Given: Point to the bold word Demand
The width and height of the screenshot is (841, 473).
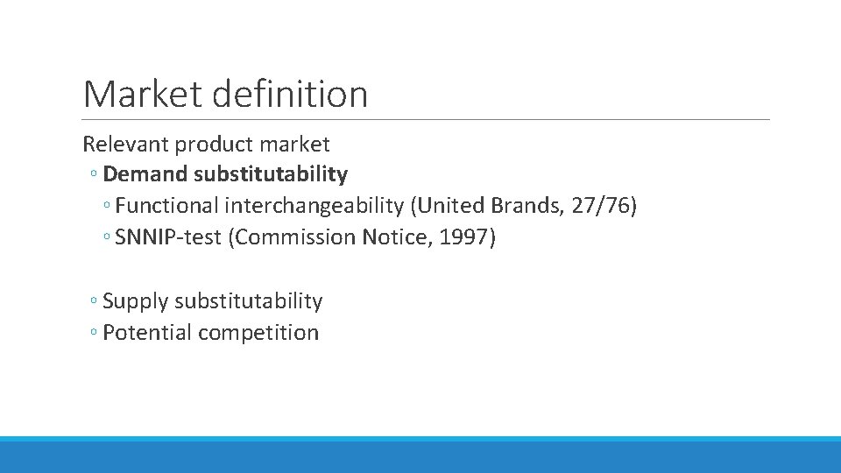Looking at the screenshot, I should click(145, 174).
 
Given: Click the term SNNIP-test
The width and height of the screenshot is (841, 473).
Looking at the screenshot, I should click(168, 237).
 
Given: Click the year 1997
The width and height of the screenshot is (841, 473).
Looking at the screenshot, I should click(465, 237).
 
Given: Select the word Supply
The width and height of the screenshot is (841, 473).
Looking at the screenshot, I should click(136, 302).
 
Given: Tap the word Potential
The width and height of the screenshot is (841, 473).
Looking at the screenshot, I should click(147, 333).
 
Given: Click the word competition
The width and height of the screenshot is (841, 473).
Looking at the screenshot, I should click(258, 333).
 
